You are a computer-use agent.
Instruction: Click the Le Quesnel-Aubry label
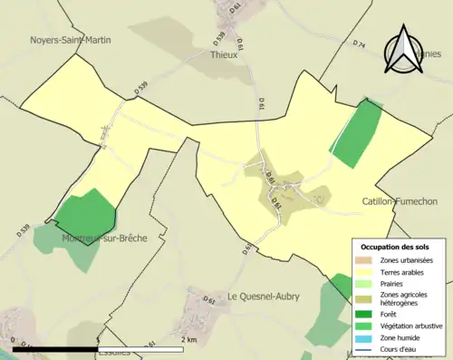(263, 296)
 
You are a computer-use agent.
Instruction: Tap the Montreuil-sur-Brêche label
(104, 238)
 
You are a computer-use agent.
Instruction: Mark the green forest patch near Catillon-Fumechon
(357, 133)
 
